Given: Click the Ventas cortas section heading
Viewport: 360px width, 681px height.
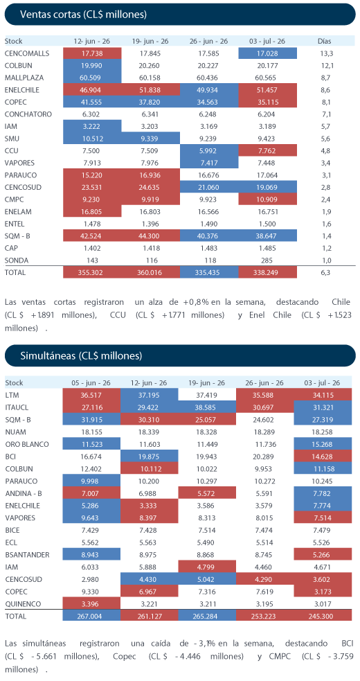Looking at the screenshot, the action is click(83, 15).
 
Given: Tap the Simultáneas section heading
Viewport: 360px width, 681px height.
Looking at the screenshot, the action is click(81, 356).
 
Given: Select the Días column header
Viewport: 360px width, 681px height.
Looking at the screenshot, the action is click(324, 42).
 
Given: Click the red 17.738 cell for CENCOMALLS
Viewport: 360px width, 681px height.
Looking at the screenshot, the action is click(92, 53).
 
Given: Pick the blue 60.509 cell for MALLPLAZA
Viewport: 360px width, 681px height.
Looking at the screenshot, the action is click(92, 78).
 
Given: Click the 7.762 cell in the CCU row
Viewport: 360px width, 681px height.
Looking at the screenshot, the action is click(267, 151).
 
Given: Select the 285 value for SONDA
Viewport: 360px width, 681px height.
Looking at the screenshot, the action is click(267, 260).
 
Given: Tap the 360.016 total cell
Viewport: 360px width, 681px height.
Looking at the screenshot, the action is click(150, 272).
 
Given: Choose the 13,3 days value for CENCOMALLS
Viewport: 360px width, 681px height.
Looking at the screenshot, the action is click(324, 53).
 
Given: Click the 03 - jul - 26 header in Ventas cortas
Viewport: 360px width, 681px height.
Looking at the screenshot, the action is click(267, 42).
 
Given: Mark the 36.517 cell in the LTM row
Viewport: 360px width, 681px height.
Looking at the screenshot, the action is click(91, 395).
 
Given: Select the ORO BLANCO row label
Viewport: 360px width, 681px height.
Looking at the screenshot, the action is click(27, 444).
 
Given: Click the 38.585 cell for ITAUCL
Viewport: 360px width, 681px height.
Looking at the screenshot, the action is click(207, 407).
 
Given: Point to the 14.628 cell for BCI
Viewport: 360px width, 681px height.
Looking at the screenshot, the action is click(322, 456).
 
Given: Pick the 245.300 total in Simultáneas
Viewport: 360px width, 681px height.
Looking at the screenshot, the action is click(322, 616).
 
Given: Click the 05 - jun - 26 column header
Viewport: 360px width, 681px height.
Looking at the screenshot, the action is click(91, 383).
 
